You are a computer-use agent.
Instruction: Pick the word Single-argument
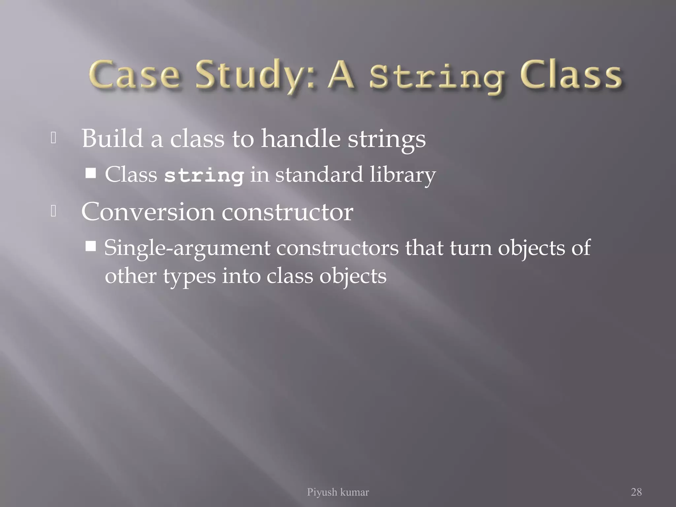click(x=187, y=248)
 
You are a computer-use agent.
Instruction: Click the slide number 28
click(x=636, y=492)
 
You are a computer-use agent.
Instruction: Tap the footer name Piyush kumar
click(x=338, y=492)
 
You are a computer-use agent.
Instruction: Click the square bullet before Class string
click(x=90, y=173)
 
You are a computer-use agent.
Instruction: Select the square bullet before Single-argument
click(x=90, y=246)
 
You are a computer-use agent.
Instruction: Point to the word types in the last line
click(x=189, y=277)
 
